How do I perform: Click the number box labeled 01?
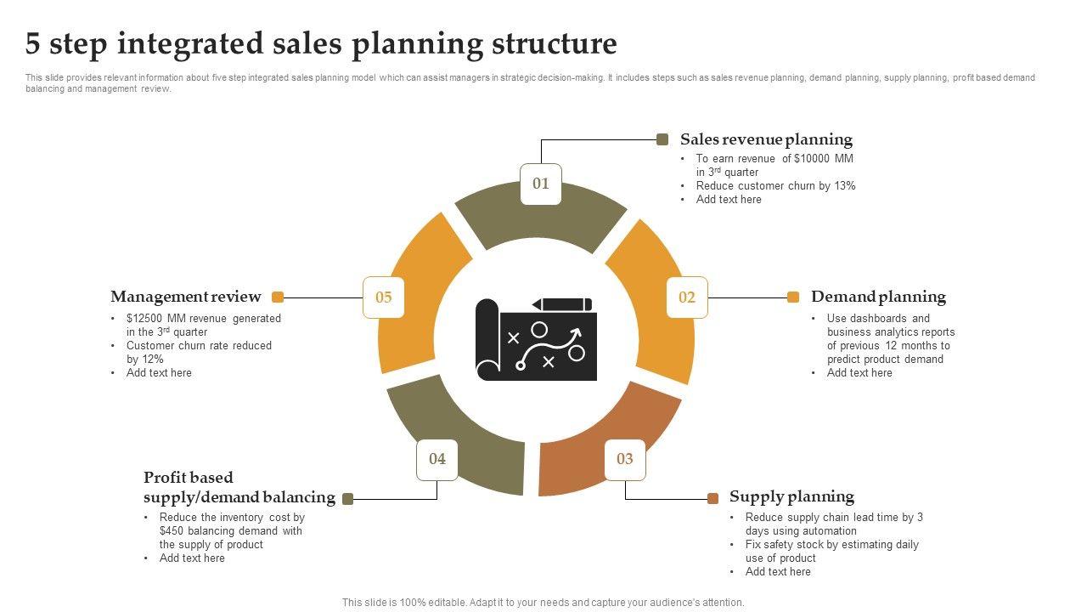point(541,184)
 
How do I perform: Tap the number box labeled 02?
point(687,297)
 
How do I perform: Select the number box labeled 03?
point(625,459)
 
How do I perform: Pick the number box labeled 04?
point(437,459)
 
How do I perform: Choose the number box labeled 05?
point(384,297)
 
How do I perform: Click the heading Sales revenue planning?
point(766,139)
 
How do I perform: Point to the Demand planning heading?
point(878,297)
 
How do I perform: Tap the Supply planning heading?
point(791,496)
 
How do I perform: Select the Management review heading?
point(185,297)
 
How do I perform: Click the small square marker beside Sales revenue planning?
point(663,139)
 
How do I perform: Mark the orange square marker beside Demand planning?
point(793,297)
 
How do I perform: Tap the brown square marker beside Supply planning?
point(713,498)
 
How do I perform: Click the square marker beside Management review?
point(278,297)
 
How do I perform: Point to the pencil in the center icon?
point(561,304)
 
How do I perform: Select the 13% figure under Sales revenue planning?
point(845,186)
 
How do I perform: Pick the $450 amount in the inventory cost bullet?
point(172,531)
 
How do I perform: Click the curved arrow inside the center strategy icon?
point(551,343)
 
